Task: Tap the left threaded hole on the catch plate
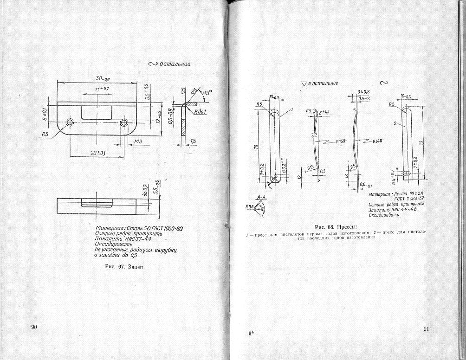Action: pos(70,122)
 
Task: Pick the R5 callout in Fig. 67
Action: pos(45,135)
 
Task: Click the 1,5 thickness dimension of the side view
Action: pos(193,140)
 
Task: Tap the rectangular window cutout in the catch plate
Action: pos(97,111)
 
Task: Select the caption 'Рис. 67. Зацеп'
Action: pos(124,267)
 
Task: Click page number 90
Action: pos(34,327)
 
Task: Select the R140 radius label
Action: pos(381,141)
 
